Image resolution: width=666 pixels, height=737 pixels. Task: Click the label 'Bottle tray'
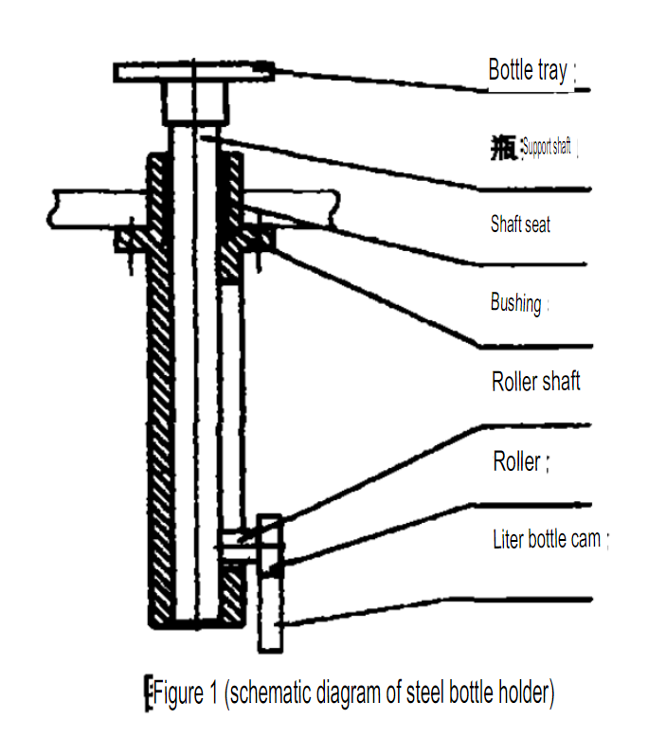click(528, 70)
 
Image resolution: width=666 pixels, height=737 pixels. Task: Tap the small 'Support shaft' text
click(548, 148)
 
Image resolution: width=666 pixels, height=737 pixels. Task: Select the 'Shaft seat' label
click(520, 225)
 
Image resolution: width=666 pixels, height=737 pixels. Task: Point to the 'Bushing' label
click(516, 304)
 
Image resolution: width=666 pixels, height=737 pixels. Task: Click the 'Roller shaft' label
click(536, 382)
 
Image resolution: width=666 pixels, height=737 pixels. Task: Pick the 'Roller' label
click(517, 462)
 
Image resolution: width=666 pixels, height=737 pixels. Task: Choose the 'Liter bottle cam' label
click(547, 540)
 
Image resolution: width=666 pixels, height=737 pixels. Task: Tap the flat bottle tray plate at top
click(194, 71)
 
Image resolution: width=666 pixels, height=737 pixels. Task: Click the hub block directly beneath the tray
click(194, 102)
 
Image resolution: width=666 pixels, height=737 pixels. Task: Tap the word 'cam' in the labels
click(586, 540)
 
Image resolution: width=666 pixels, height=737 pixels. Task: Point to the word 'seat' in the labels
click(535, 225)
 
